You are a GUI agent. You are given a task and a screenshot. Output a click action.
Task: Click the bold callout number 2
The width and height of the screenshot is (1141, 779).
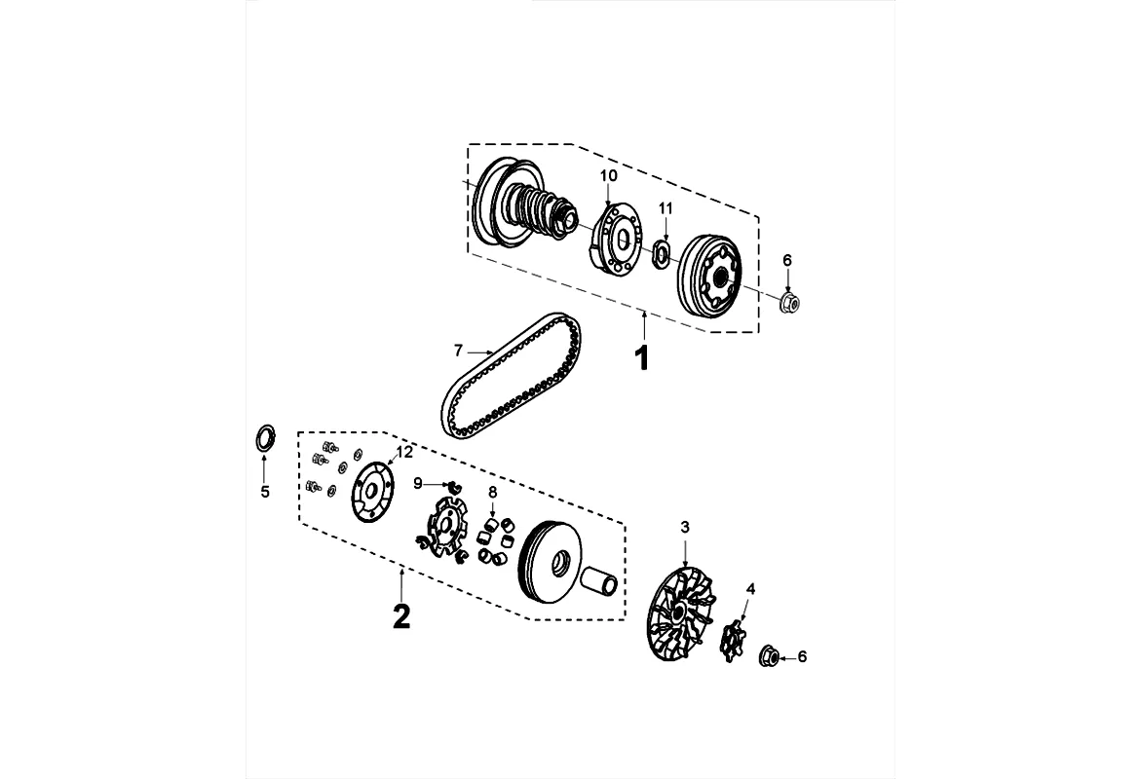[400, 615]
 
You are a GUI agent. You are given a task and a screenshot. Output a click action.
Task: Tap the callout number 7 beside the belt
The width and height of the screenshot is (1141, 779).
[457, 350]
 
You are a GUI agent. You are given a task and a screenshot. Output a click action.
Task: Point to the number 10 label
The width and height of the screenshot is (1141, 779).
[608, 175]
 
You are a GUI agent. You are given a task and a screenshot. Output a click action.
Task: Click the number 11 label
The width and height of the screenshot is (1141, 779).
[666, 208]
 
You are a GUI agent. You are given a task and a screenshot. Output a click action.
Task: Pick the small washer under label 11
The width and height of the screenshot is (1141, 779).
[661, 256]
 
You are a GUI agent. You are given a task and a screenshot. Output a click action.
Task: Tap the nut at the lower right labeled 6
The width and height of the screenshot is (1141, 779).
[767, 656]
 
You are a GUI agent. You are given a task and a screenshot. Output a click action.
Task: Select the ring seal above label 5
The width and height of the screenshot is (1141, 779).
[264, 438]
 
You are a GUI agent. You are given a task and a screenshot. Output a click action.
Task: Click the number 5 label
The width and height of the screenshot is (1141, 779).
[264, 492]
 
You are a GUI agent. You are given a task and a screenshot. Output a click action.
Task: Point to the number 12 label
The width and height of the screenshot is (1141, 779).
[404, 452]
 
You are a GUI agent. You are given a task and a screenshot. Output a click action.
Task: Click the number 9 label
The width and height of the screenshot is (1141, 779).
[418, 483]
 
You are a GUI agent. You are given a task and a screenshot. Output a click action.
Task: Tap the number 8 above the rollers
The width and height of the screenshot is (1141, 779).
[493, 493]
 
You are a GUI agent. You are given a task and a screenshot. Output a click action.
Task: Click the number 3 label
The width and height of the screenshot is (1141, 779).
[685, 527]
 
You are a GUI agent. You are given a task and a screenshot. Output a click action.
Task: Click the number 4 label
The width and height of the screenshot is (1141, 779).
[750, 588]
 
